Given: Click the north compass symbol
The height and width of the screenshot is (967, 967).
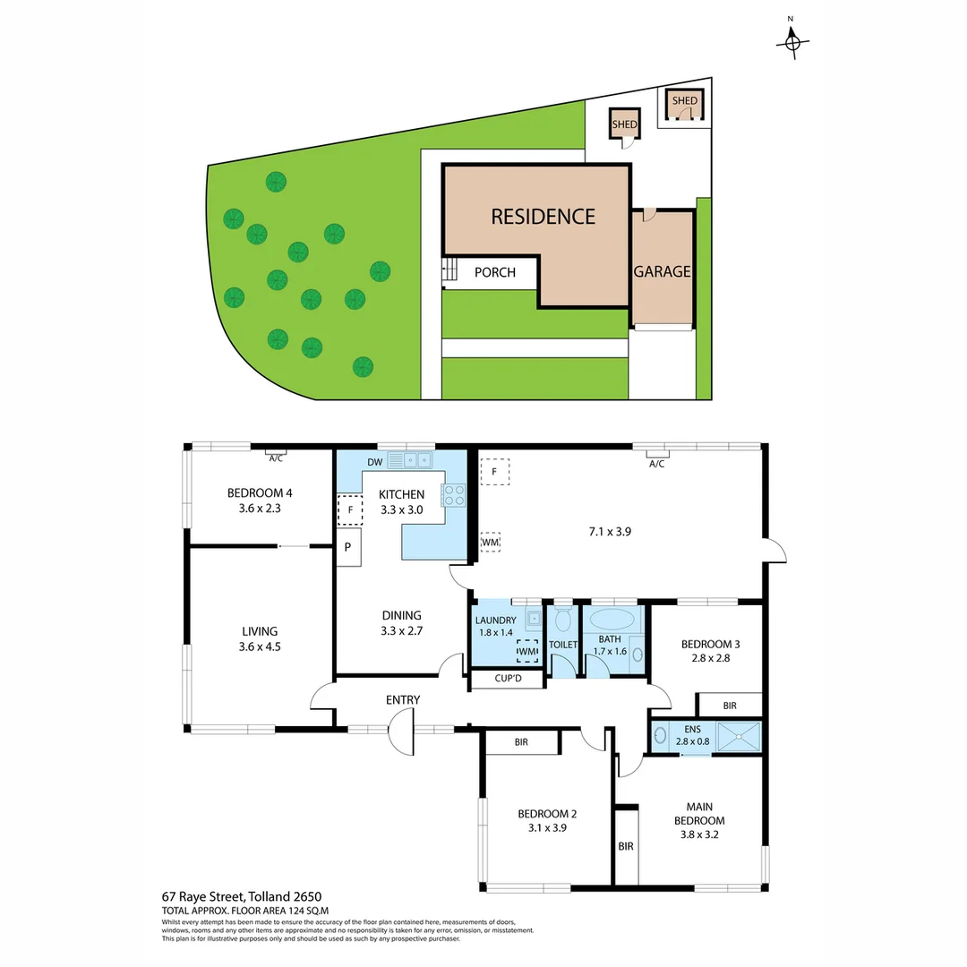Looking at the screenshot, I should tap(792, 41).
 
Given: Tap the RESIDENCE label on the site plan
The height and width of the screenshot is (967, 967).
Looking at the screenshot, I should tap(543, 216).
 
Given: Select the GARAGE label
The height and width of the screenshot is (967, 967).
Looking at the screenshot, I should tap(663, 271).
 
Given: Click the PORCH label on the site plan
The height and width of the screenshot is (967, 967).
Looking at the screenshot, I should tap(495, 272).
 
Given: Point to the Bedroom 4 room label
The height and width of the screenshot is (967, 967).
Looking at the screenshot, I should tap(260, 492).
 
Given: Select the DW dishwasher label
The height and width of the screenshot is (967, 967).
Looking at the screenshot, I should tap(375, 462).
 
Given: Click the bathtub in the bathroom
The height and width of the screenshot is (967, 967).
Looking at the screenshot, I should tap(612, 619).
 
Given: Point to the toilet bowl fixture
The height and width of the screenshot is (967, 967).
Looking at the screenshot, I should tap(563, 619).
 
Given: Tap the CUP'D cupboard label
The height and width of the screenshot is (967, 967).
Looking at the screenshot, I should tap(508, 680).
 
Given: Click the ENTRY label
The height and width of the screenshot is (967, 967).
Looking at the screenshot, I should tap(403, 699).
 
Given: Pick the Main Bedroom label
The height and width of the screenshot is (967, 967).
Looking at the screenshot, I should tap(699, 819).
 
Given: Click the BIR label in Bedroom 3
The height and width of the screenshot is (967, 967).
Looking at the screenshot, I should tap(730, 706).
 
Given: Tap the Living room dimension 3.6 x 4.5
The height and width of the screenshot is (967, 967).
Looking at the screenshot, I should tap(260, 646).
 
